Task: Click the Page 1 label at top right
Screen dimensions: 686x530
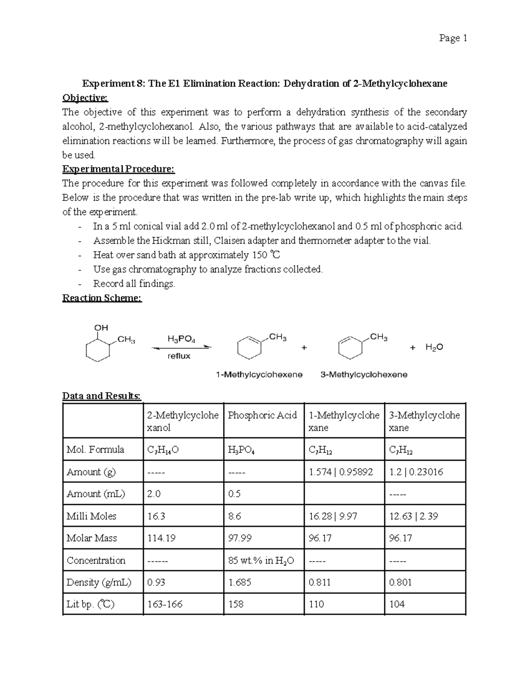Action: point(453,38)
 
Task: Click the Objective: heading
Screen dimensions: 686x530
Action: point(85,98)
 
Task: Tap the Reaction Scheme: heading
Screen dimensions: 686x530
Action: point(102,298)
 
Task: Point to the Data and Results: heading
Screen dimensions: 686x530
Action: point(102,396)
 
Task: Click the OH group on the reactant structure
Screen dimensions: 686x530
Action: point(101,328)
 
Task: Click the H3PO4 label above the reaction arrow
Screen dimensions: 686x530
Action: point(181,339)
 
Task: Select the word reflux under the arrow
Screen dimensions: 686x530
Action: point(179,356)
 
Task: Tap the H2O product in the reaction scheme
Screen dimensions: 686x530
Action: point(434,347)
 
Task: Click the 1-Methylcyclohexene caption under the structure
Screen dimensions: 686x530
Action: point(259,375)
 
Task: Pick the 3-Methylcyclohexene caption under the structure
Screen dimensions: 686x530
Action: point(364,375)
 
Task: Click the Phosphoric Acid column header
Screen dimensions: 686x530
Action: point(262,415)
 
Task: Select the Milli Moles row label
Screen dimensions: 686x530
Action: point(91,516)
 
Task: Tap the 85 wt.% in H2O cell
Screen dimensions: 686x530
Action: point(261,561)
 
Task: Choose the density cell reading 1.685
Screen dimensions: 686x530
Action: point(240,582)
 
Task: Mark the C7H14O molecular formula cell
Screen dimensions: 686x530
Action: point(163,450)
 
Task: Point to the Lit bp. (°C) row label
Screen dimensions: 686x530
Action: point(90,604)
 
